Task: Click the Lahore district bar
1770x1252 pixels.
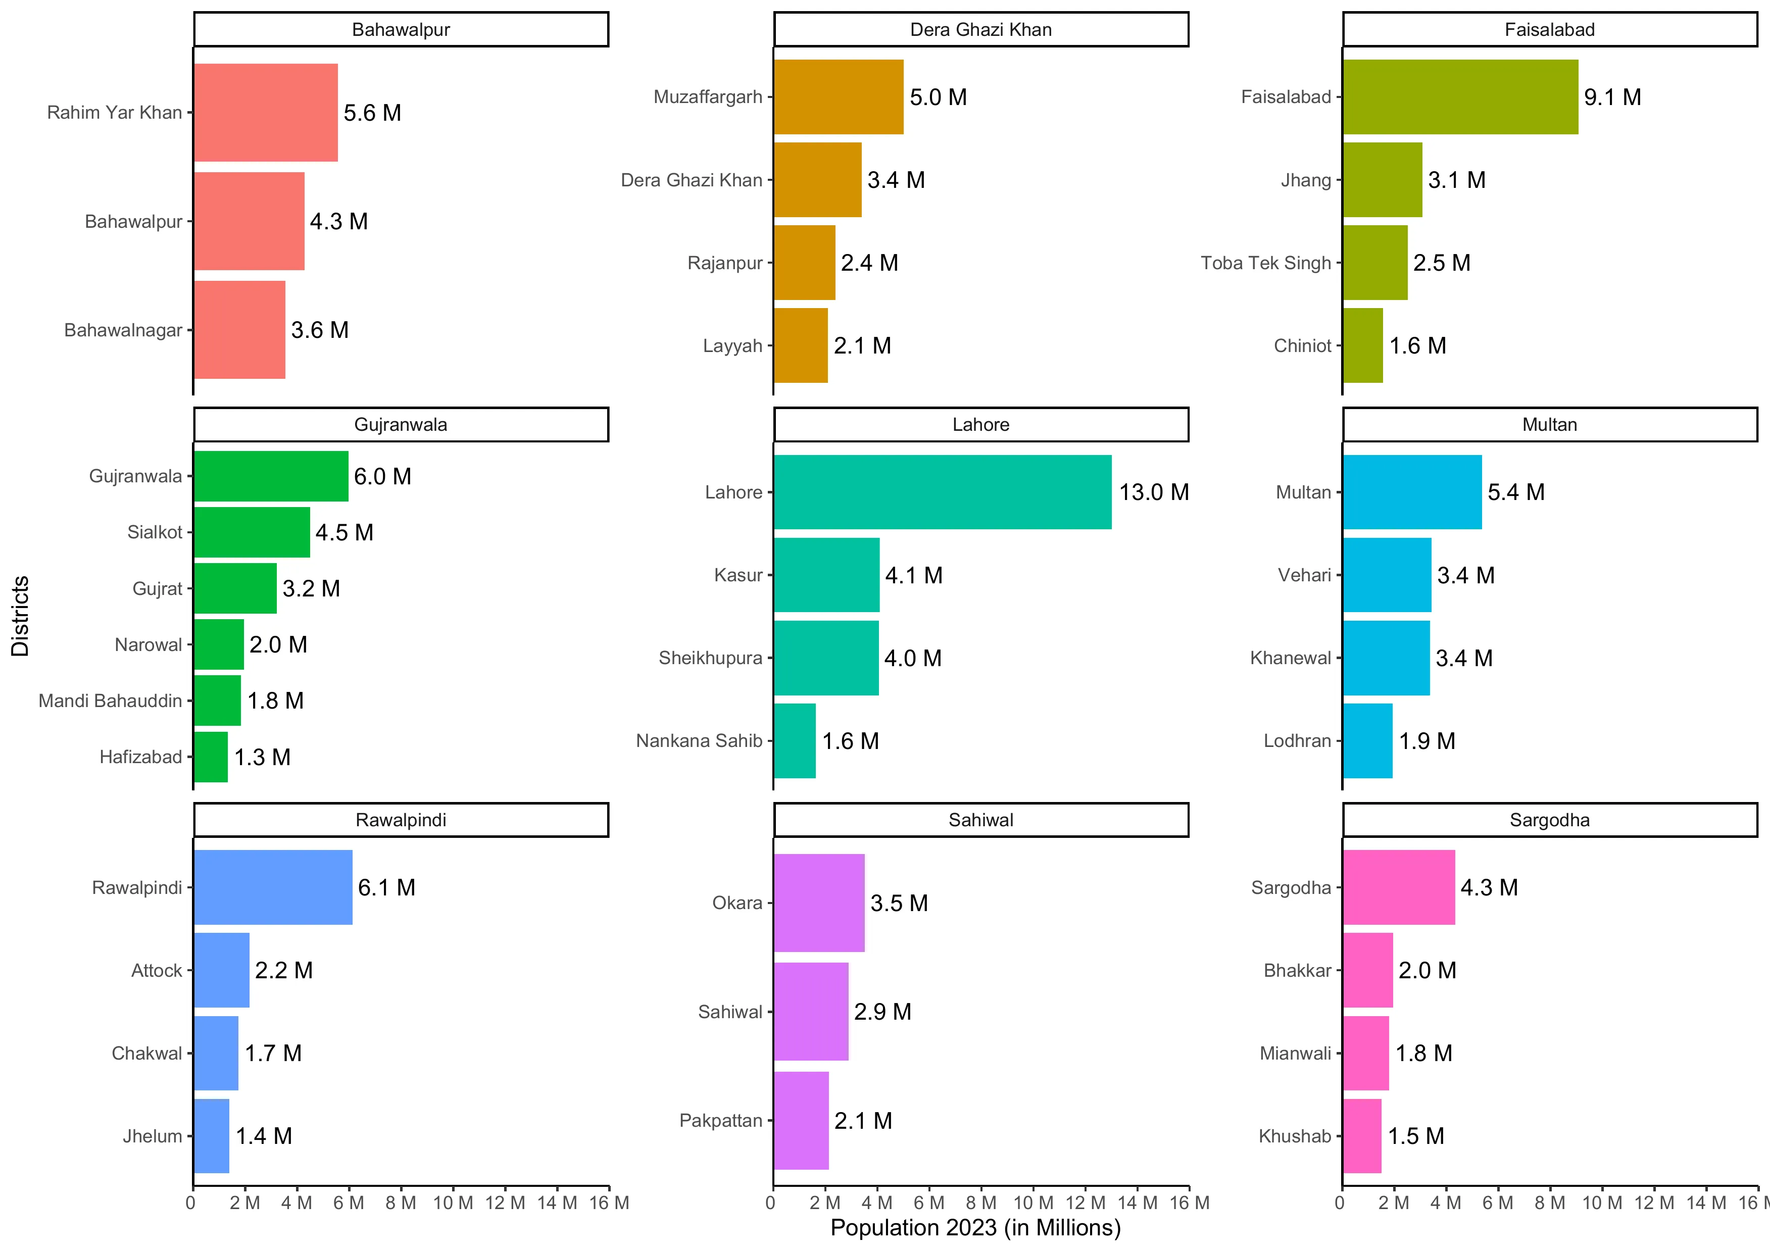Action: [x=942, y=492]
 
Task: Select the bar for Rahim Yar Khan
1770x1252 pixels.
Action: [x=265, y=113]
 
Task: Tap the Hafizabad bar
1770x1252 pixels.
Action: [x=211, y=757]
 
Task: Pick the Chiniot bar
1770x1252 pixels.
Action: [x=1362, y=345]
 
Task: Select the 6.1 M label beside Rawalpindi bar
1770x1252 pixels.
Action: [x=386, y=887]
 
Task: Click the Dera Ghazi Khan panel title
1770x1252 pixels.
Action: [x=980, y=29]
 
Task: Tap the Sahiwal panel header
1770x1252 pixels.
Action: [x=980, y=820]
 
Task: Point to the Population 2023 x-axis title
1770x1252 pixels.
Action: [x=975, y=1227]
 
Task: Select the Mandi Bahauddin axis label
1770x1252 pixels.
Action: [x=110, y=701]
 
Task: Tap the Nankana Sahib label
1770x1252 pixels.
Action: [x=699, y=741]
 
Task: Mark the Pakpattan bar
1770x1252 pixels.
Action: [x=801, y=1120]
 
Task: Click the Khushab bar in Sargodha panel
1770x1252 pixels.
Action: [x=1361, y=1136]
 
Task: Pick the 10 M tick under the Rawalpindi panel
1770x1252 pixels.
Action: [x=453, y=1203]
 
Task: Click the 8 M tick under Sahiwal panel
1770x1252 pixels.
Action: [x=980, y=1203]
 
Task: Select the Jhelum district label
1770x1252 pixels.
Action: [x=153, y=1136]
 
